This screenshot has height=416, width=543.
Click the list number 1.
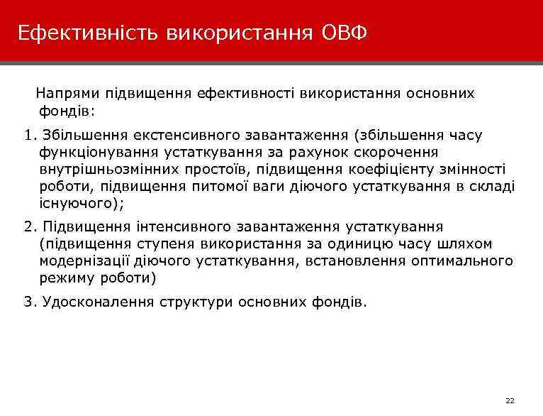28,135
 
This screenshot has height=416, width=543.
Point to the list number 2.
28,226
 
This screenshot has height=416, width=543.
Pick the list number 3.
28,302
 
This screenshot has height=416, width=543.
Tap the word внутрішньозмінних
104,169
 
